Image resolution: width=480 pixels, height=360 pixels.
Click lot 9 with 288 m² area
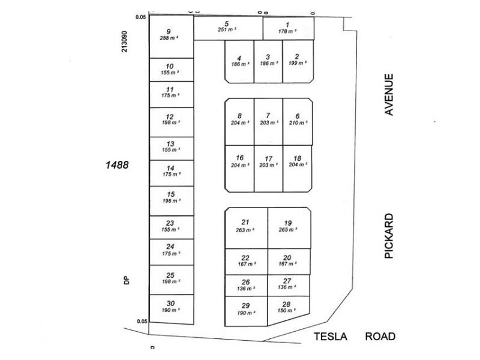tap(171, 36)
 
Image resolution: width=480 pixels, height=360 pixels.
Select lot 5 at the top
tap(228, 28)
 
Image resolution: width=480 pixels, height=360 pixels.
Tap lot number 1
tap(288, 28)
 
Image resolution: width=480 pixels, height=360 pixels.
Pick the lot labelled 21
tap(245, 226)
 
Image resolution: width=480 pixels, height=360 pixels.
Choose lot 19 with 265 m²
tap(288, 226)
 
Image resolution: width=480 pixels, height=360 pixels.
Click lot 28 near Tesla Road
tap(288, 308)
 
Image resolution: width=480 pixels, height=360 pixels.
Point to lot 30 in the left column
tap(171, 307)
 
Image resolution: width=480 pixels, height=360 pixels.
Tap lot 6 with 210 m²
tap(297, 119)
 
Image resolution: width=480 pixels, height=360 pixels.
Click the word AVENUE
tap(389, 94)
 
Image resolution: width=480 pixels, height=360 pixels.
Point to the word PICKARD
tap(389, 236)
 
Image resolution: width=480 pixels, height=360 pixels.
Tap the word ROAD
tap(380, 337)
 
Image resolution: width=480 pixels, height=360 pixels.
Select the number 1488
tap(116, 164)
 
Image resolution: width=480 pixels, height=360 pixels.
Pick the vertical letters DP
tap(127, 280)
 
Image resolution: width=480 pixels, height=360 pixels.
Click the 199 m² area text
tap(297, 62)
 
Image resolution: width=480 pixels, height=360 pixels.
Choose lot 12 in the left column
tap(170, 119)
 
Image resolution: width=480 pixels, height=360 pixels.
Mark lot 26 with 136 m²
tap(245, 285)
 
